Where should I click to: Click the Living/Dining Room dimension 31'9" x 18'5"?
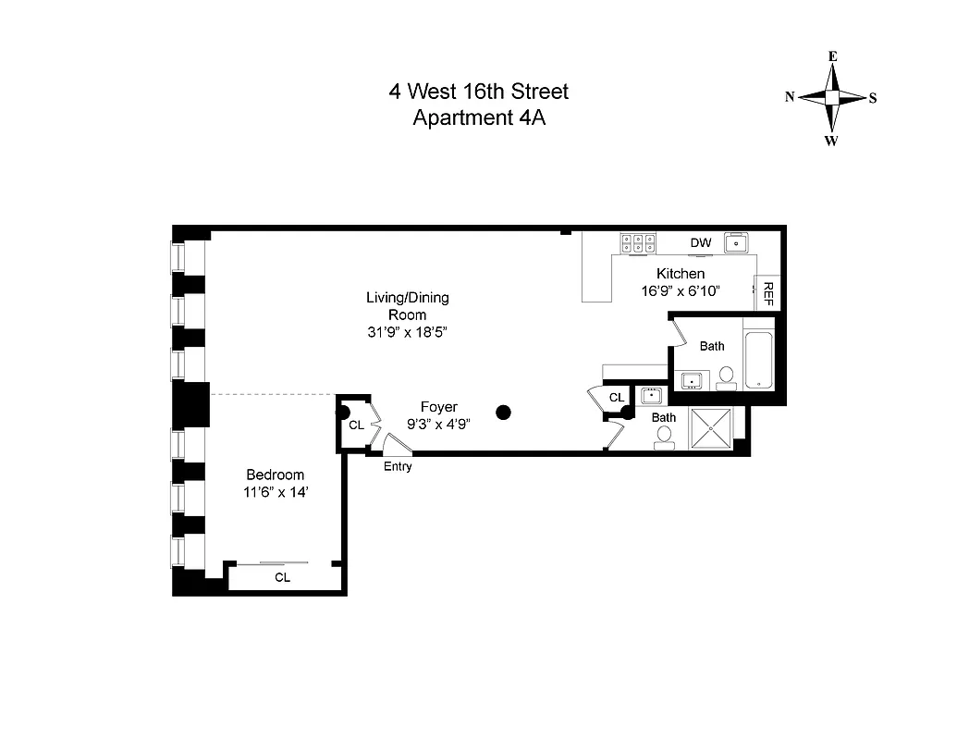[407, 332]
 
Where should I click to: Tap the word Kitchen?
[681, 274]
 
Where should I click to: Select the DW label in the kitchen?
[700, 243]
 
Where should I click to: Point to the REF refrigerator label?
[767, 295]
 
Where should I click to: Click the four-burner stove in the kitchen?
[638, 243]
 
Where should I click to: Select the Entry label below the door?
[398, 467]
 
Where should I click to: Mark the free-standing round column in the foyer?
[504, 413]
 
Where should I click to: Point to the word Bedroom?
[275, 475]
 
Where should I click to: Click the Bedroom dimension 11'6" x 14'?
[275, 493]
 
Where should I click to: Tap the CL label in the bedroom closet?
[282, 577]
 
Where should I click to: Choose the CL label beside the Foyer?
[356, 425]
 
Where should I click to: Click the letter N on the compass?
[791, 97]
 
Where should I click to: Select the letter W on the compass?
[831, 141]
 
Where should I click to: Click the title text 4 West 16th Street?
[478, 92]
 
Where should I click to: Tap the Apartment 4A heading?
[478, 117]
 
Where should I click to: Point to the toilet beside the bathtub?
[727, 376]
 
